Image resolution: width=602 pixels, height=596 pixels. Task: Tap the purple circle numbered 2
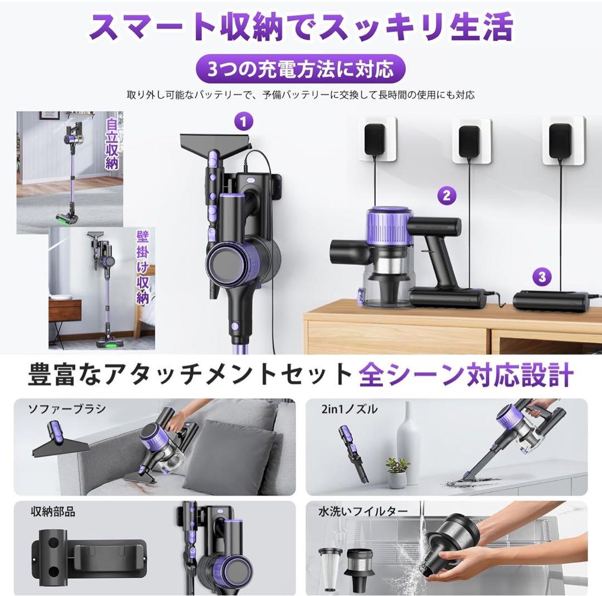pos(446,195)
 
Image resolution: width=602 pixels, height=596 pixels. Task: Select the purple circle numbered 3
pos(541,276)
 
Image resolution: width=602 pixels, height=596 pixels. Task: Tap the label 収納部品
pos(53,511)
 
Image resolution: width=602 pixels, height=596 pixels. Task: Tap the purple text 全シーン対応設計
pos(465,375)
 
